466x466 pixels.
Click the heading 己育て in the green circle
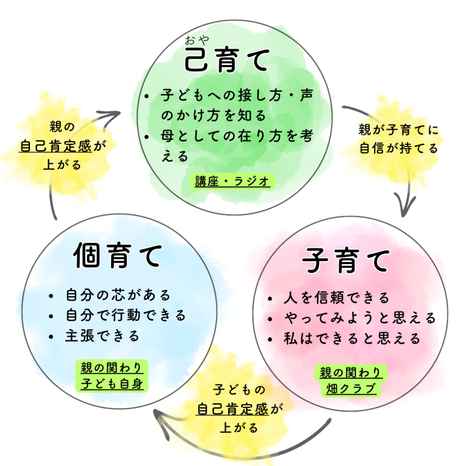click(x=226, y=62)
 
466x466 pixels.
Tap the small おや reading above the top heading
click(x=197, y=40)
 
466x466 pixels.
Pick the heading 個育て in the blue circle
click(x=117, y=256)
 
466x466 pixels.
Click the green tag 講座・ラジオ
click(x=232, y=182)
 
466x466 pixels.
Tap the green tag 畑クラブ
click(x=351, y=390)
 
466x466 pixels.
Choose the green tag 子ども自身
click(x=112, y=384)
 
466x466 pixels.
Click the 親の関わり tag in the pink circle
click(x=351, y=374)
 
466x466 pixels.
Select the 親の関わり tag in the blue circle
click(x=112, y=368)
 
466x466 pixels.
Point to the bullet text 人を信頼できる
click(x=336, y=298)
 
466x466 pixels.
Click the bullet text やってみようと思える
click(x=359, y=318)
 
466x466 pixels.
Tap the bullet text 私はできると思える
click(x=351, y=339)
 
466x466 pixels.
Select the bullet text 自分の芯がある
click(x=118, y=295)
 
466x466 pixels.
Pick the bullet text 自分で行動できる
click(x=126, y=315)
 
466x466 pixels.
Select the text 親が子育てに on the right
click(x=399, y=131)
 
